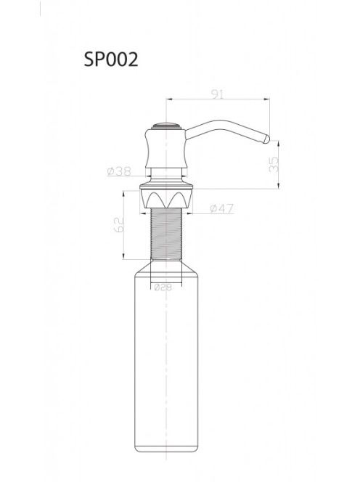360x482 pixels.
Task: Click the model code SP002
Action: (111, 59)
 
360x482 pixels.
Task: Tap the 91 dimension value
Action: (217, 94)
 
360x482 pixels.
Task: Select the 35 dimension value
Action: (274, 165)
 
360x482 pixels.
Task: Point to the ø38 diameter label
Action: (119, 171)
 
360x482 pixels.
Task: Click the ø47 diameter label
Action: (221, 208)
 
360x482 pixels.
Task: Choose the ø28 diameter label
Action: (163, 287)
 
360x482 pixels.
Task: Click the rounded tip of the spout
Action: (266, 139)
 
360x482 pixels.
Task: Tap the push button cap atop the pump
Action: (166, 126)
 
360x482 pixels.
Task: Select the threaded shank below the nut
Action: (166, 234)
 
